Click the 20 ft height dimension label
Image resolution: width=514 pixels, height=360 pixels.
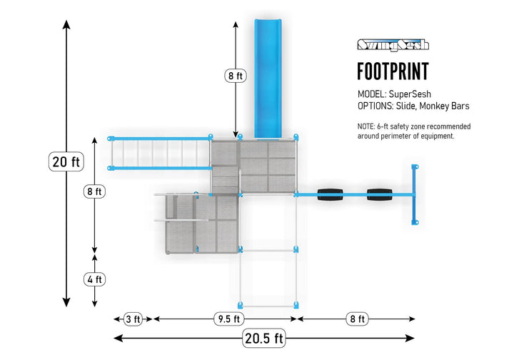(x=66, y=161)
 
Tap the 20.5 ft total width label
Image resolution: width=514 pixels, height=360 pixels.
(x=264, y=338)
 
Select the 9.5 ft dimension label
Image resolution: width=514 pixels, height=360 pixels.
(x=229, y=319)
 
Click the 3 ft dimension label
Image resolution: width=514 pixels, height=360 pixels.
(x=133, y=319)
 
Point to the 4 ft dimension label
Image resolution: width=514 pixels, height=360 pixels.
(x=94, y=279)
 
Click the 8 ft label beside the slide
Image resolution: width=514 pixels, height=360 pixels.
(x=236, y=76)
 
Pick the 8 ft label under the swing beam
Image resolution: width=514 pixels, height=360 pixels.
(x=358, y=319)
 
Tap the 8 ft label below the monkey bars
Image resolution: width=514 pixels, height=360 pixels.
(x=94, y=191)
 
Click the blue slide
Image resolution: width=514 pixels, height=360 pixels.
(x=268, y=79)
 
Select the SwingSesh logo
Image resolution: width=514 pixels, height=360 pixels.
(x=393, y=44)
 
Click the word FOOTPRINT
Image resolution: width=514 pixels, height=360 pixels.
(x=393, y=71)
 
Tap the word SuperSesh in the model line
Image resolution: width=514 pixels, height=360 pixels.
(x=410, y=94)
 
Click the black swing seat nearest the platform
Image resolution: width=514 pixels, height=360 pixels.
(x=330, y=194)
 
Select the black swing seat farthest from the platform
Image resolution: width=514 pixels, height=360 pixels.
(x=379, y=194)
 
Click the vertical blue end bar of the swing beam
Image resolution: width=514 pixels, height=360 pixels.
(x=415, y=194)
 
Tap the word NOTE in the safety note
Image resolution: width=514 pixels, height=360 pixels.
(x=366, y=126)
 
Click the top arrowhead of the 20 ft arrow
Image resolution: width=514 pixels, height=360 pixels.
(x=66, y=24)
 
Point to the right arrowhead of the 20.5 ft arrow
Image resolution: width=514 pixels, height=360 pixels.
(x=410, y=338)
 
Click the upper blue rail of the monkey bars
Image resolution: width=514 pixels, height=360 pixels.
(x=160, y=139)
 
